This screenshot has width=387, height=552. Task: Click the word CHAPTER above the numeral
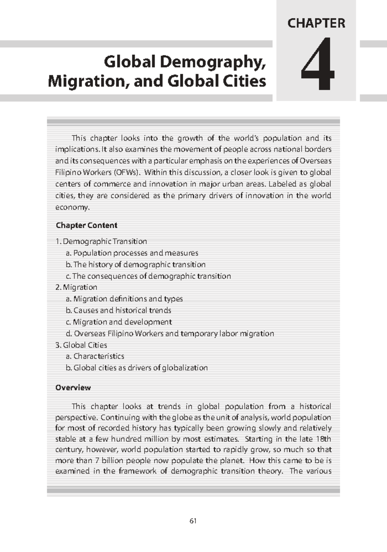tap(316, 24)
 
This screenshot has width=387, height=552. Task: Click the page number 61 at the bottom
tap(193, 521)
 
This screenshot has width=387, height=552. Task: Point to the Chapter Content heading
tap(86, 225)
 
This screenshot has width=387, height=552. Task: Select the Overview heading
tap(73, 387)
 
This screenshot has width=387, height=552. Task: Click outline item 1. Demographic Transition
tap(101, 241)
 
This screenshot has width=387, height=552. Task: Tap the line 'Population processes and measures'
tap(132, 253)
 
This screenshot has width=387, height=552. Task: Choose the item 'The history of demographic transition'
tap(135, 264)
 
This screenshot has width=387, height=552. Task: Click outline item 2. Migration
tap(76, 287)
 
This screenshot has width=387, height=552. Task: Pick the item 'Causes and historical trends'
tap(118, 310)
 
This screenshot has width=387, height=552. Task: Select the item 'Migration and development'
tap(119, 322)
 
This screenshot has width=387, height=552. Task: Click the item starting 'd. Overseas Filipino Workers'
tap(170, 333)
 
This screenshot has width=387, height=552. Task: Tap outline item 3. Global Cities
tap(81, 345)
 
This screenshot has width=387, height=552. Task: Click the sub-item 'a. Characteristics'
tap(95, 356)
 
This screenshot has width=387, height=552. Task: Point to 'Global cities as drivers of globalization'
tap(137, 368)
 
